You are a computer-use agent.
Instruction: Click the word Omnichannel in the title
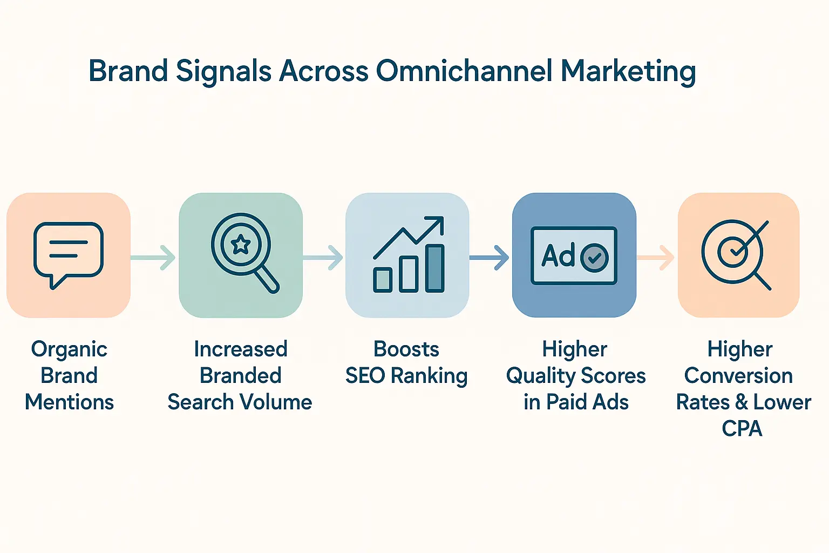click(464, 71)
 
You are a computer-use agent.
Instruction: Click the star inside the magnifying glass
click(240, 245)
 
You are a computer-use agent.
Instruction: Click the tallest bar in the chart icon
click(434, 268)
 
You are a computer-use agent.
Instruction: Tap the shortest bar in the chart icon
click(383, 279)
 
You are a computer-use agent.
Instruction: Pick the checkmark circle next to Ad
click(594, 258)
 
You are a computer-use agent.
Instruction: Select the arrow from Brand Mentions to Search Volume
click(154, 258)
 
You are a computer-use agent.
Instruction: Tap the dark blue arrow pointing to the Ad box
click(490, 258)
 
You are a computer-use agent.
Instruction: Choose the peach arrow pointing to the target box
click(656, 258)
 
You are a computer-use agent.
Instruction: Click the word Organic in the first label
click(69, 349)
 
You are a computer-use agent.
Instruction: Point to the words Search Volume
click(240, 402)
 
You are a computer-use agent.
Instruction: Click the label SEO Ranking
click(406, 376)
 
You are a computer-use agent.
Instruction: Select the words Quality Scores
click(575, 376)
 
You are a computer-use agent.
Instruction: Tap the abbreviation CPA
click(742, 429)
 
